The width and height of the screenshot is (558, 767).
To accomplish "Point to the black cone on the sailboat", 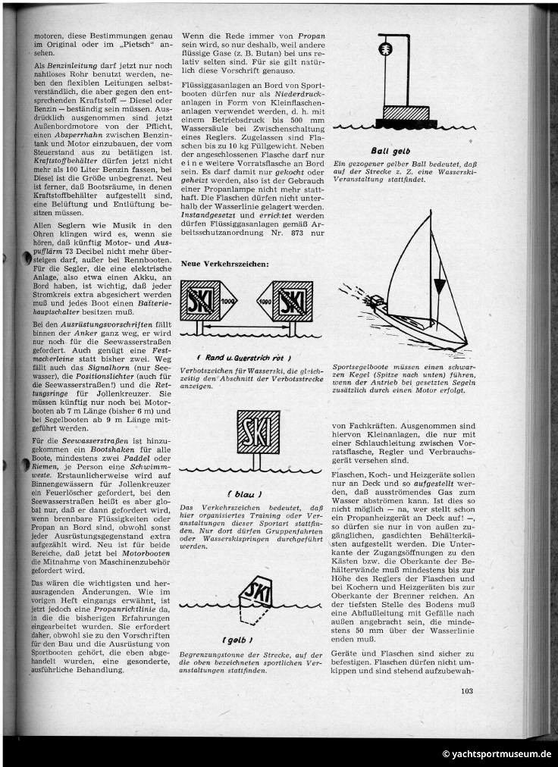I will pos(438,286).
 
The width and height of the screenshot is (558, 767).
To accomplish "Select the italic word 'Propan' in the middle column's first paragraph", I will pos(311,36).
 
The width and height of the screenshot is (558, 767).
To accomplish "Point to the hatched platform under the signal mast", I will pos(405,111).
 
